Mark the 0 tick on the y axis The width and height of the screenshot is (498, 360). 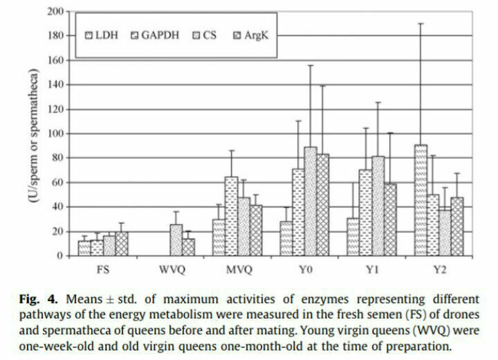(x=61, y=256)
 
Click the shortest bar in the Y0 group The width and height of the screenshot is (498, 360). (x=283, y=239)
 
